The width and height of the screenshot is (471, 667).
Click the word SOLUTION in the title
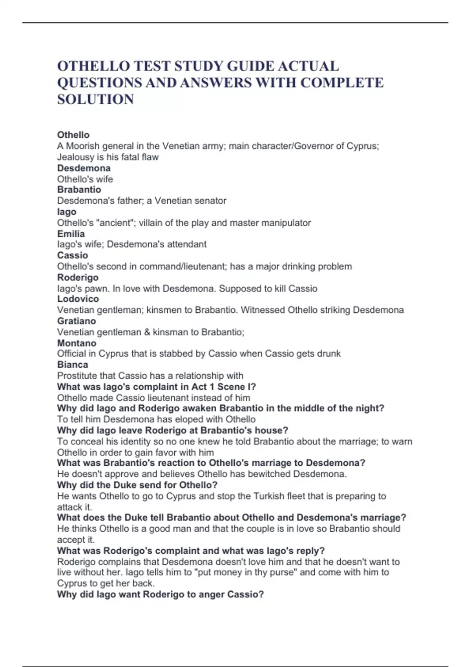[95, 99]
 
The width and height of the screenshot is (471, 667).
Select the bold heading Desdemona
[84, 168]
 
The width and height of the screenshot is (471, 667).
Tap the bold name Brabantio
[79, 190]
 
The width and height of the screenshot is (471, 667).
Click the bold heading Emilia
[71, 234]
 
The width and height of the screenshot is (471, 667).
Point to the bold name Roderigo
[78, 277]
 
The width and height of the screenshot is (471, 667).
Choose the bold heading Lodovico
[78, 299]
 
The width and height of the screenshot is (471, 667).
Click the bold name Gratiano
[77, 321]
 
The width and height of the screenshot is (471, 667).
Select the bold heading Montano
[77, 343]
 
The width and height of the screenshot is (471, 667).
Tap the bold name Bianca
[73, 364]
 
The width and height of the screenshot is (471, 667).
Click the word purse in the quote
[282, 572]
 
